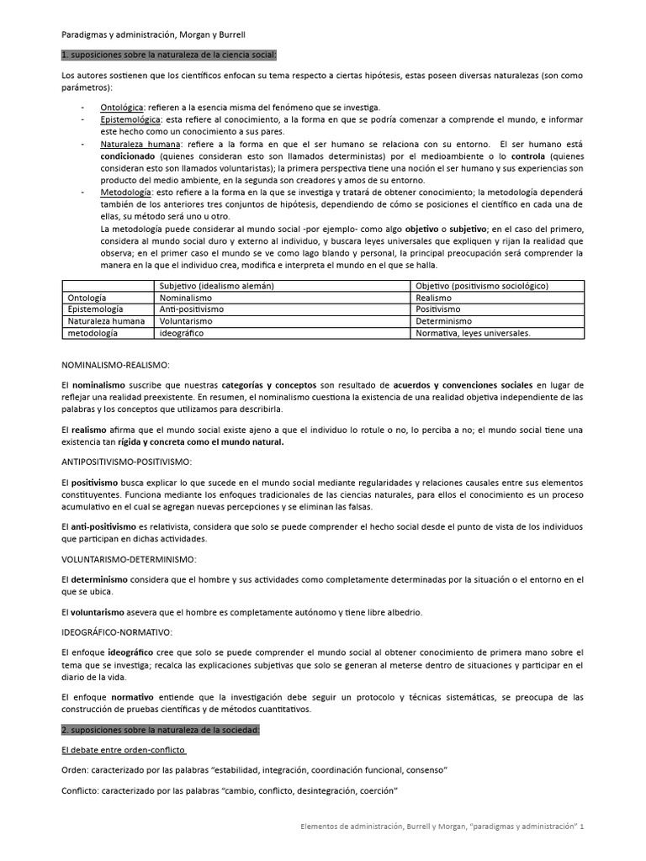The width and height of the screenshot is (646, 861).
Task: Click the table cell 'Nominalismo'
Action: pyautogui.click(x=186, y=298)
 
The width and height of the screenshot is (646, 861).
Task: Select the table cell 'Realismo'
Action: pyautogui.click(x=434, y=298)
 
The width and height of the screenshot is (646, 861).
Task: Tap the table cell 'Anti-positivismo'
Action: pyautogui.click(x=192, y=309)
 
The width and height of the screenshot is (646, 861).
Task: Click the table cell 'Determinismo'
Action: pyautogui.click(x=442, y=321)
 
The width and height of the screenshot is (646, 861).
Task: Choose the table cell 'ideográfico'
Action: pyautogui.click(x=182, y=333)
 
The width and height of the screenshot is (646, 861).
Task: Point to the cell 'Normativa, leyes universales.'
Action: pyautogui.click(x=473, y=333)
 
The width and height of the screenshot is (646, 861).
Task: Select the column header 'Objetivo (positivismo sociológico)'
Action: pyautogui.click(x=482, y=286)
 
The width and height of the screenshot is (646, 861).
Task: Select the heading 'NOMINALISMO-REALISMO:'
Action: pyautogui.click(x=116, y=366)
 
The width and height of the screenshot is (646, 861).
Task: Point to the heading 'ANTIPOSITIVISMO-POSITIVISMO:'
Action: pyautogui.click(x=128, y=462)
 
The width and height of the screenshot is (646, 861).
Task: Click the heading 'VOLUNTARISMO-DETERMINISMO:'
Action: pyautogui.click(x=130, y=558)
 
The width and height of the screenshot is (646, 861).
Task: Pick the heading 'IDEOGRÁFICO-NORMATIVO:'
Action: pyautogui.click(x=118, y=631)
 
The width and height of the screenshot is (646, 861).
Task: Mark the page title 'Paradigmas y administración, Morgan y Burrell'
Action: pyautogui.click(x=154, y=35)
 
